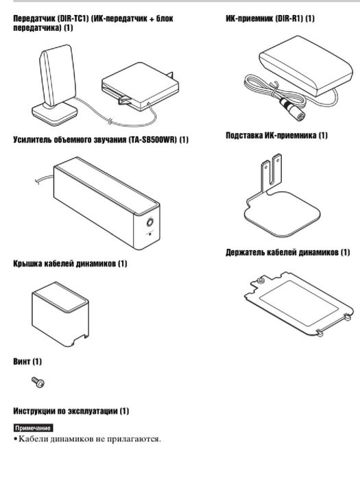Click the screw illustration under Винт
click(38, 382)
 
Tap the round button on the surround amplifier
click(149, 221)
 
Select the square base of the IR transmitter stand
click(55, 113)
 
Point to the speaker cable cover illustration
click(60, 314)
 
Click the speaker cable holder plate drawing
click(299, 304)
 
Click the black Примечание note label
click(34, 428)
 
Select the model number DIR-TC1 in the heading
click(73, 19)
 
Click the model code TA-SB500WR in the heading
click(153, 140)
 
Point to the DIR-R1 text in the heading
click(289, 19)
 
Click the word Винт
click(22, 361)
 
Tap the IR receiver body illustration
click(306, 65)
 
